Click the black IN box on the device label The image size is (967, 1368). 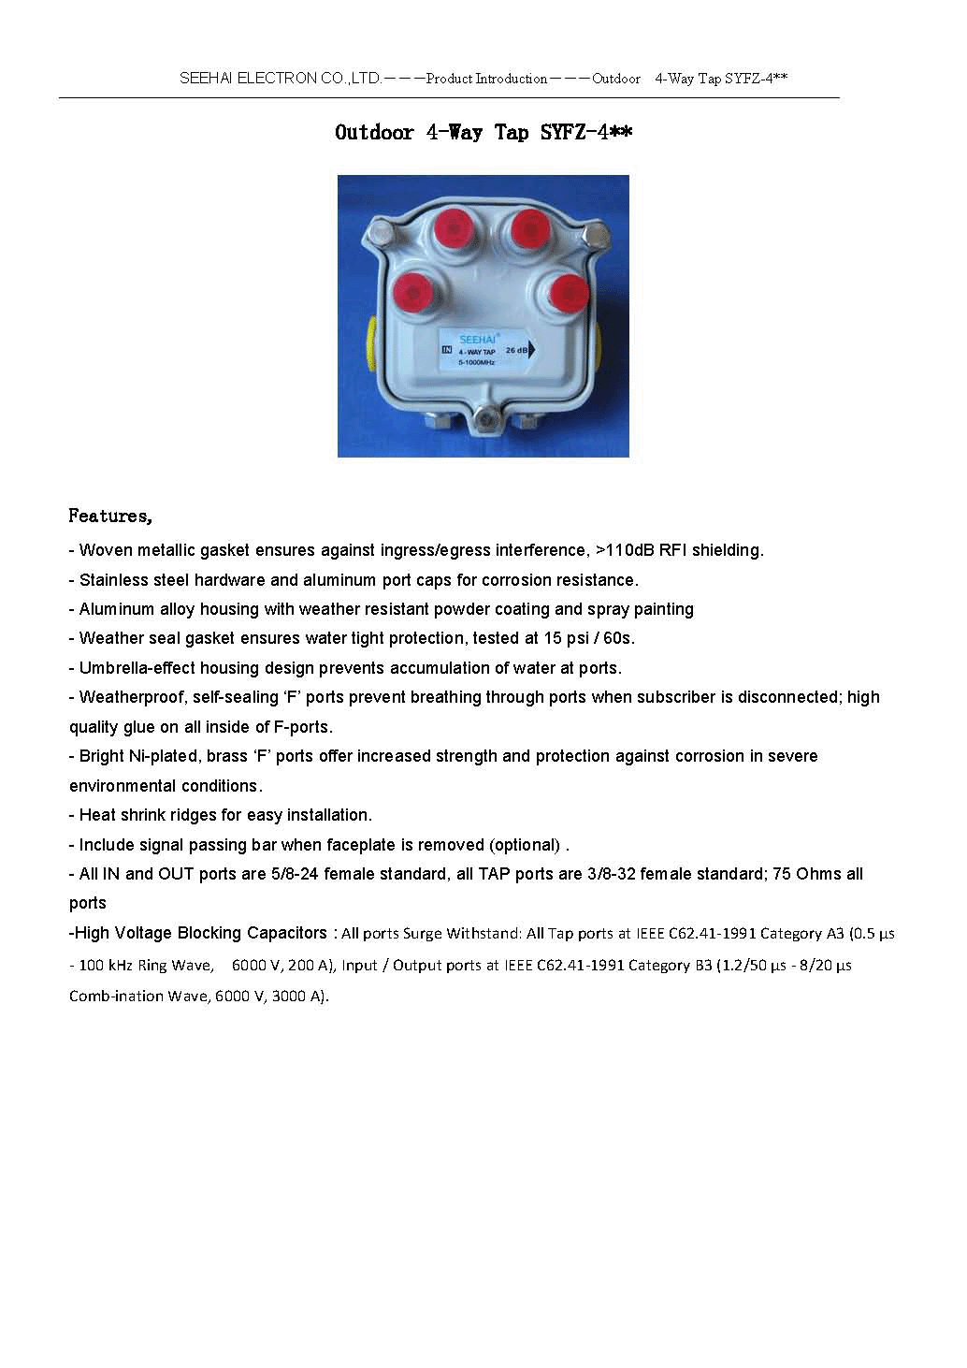[x=446, y=350]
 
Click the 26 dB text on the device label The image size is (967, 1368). [x=516, y=350]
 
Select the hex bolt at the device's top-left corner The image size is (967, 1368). [x=382, y=231]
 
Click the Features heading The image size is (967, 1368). [x=109, y=517]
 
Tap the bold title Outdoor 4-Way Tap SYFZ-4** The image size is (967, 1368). [x=483, y=133]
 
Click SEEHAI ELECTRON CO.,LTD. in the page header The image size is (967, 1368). [x=281, y=79]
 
